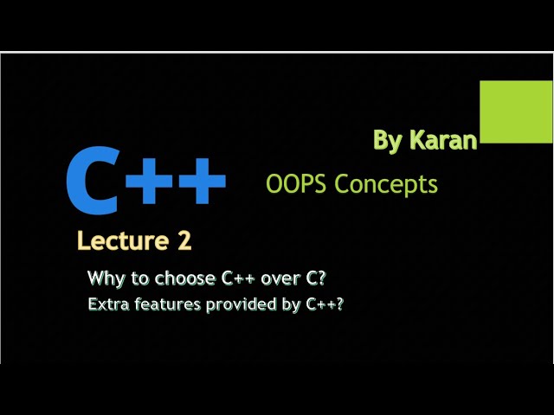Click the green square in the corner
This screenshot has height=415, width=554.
[x=516, y=112]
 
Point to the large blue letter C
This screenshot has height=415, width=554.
[x=92, y=182]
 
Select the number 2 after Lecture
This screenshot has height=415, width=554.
[x=184, y=241]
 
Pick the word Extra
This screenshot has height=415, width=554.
[x=106, y=304]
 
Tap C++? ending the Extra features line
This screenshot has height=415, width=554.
[x=324, y=304]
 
